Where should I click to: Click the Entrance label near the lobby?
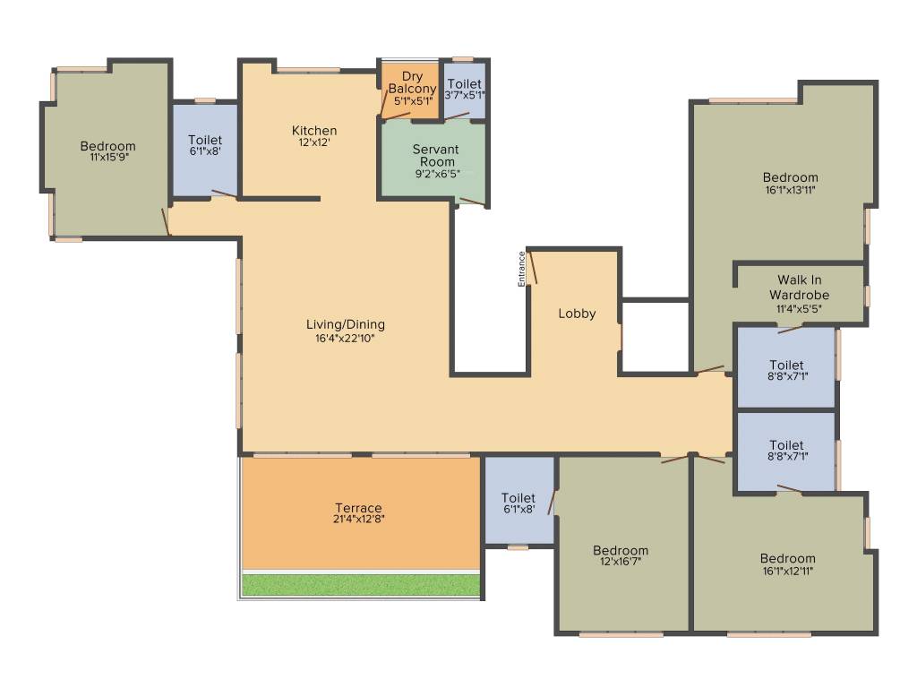tap(521, 270)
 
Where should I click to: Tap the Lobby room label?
tap(577, 314)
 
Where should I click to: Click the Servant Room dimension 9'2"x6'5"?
tap(437, 174)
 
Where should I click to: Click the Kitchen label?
tap(314, 130)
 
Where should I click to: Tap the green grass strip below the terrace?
tap(362, 585)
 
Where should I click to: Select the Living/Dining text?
tap(345, 324)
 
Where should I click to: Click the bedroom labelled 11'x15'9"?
tap(107, 151)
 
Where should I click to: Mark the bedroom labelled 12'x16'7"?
tap(620, 555)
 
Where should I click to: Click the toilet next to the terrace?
tap(518, 503)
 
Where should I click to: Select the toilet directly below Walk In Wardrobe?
tap(786, 370)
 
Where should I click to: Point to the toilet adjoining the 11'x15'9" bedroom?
tap(205, 145)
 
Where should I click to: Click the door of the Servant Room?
tap(472, 202)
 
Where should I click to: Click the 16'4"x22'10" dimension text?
tap(345, 339)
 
